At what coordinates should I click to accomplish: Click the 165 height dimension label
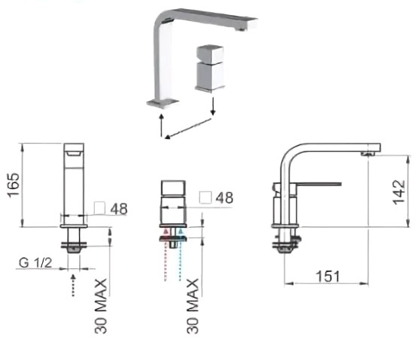tap(14, 186)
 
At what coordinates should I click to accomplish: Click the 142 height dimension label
tap(399, 192)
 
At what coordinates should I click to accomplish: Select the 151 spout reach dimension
tap(328, 276)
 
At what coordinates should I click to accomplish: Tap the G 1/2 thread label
tap(35, 263)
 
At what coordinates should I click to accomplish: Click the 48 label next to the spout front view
tap(119, 209)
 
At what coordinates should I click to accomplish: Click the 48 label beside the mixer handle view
tap(224, 198)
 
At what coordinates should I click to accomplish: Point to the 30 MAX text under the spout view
tap(101, 306)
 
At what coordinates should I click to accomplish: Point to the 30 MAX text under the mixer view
tap(193, 306)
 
